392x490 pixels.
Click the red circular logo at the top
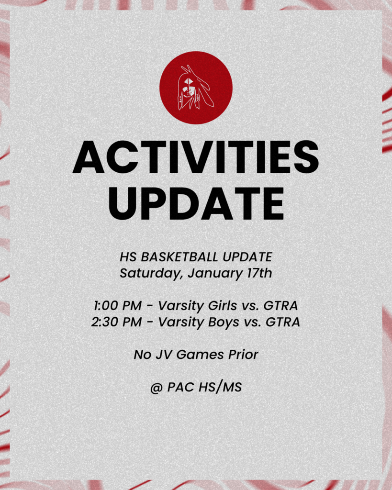196,88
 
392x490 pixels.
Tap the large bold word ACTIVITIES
196,157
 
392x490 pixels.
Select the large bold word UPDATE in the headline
196,203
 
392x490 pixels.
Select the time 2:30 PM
116,322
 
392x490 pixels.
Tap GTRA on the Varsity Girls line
281,305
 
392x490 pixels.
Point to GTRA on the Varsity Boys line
283,322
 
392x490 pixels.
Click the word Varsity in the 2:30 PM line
180,322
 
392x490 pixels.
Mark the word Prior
243,355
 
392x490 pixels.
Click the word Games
200,355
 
